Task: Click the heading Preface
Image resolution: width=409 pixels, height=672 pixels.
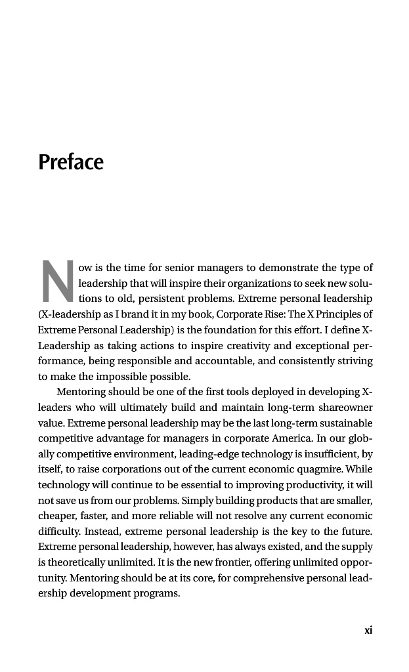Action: (71, 161)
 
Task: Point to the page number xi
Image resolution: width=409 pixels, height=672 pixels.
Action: (368, 630)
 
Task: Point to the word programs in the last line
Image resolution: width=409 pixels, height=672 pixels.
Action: (157, 594)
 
